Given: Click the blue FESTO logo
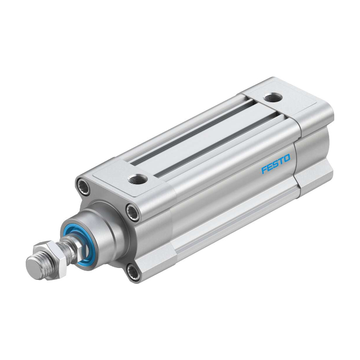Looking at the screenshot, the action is (276, 164).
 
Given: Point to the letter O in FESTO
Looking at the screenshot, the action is (287, 158).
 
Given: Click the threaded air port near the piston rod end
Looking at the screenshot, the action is (137, 178).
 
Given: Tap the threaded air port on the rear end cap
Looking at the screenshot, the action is (273, 98).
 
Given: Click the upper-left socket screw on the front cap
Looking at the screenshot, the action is (83, 184).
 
